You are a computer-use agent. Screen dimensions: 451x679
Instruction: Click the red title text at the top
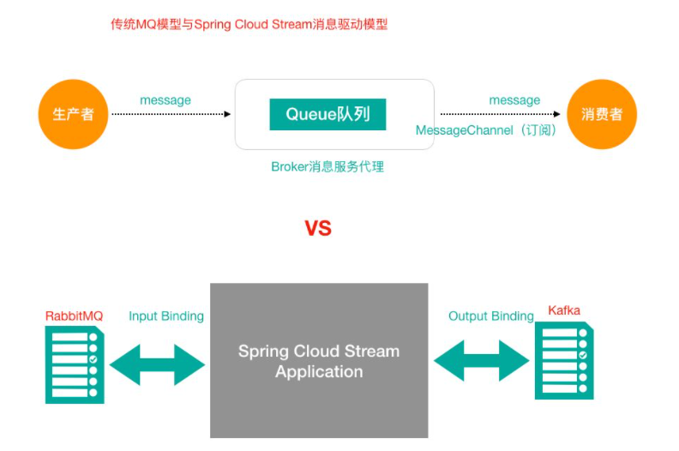[x=249, y=25]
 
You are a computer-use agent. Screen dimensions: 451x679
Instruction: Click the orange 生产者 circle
[x=73, y=114]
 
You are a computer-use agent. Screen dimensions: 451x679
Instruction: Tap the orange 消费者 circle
[x=601, y=114]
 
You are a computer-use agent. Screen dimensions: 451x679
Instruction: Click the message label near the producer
[x=165, y=100]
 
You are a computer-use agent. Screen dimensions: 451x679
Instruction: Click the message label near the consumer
[x=514, y=100]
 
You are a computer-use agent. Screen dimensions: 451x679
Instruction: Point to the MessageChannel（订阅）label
[x=486, y=130]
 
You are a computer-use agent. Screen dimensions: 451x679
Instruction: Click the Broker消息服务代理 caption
[x=327, y=167]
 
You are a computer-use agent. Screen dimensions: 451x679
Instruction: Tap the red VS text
[x=318, y=229]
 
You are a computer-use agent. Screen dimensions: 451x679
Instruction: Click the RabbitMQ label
[x=74, y=316]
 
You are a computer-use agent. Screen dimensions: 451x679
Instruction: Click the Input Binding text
[x=166, y=316]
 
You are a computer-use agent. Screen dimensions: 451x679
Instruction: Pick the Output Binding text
[x=491, y=316]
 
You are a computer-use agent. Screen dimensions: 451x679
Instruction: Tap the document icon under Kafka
[x=564, y=360]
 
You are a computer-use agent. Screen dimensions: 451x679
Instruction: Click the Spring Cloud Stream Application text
[x=319, y=361]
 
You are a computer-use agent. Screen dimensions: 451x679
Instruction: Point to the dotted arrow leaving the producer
[x=171, y=114]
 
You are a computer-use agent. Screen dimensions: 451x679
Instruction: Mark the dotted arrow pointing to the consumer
[x=502, y=114]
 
